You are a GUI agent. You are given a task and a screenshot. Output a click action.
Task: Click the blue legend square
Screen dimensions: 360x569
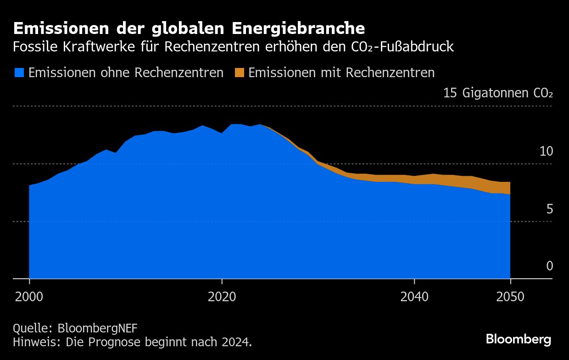[19, 73]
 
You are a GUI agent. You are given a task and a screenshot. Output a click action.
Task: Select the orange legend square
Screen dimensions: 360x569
[239, 73]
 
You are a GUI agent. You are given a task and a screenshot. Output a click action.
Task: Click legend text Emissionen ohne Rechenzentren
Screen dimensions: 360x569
[126, 73]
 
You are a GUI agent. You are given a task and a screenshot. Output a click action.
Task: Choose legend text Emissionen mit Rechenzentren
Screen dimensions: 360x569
[341, 73]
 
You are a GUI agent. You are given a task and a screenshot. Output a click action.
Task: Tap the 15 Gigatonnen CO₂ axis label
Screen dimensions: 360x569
[498, 93]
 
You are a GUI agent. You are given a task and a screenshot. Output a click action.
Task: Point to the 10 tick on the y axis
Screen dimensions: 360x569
[546, 152]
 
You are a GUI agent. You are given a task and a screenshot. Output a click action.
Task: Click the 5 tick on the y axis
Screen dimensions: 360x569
[549, 209]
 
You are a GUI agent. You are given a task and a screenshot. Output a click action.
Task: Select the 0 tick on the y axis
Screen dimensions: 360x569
[549, 266]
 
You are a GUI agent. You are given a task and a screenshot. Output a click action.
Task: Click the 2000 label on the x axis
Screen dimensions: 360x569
[29, 297]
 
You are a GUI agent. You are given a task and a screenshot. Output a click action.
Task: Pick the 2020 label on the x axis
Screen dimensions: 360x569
[222, 297]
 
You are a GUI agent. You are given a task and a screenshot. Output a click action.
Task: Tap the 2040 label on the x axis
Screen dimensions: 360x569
[414, 297]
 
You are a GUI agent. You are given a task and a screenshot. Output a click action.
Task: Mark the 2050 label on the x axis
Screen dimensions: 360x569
[510, 297]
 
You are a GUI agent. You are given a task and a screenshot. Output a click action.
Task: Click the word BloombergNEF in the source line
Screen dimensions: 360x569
[98, 328]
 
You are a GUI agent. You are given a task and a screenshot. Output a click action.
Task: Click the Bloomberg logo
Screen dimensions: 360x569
[519, 340]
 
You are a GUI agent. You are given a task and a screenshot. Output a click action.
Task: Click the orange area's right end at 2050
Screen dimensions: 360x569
[508, 188]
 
